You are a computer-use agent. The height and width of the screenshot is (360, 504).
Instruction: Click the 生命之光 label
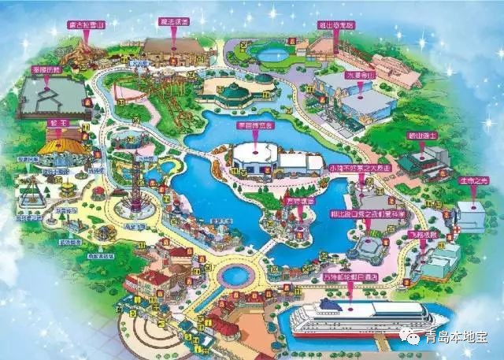point(474,181)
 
